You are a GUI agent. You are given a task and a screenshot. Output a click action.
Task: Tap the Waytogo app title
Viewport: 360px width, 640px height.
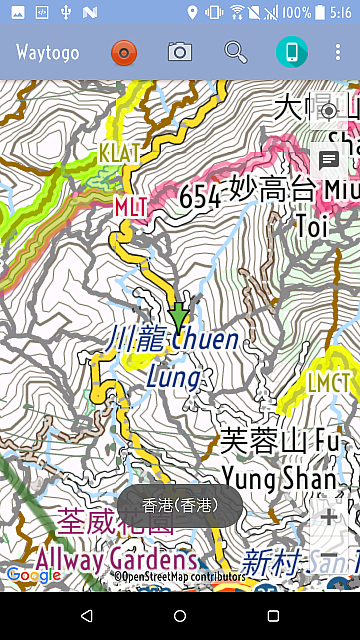point(49,52)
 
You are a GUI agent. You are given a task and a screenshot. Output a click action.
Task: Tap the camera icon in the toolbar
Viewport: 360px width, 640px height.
point(180,52)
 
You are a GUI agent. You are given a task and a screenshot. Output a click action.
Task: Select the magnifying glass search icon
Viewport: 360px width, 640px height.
point(236,52)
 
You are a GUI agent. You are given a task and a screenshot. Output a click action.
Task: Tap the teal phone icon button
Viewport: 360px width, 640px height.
point(292,52)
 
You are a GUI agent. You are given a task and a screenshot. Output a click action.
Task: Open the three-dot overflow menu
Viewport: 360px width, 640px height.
point(338,52)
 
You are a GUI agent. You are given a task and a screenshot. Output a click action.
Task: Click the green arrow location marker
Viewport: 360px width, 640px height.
point(179,318)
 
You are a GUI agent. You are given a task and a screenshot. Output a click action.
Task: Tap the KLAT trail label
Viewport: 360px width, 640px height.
point(119,153)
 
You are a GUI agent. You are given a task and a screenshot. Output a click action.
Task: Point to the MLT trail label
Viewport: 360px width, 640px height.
point(130,206)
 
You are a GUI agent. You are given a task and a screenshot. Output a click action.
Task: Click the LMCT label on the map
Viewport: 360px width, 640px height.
point(329,382)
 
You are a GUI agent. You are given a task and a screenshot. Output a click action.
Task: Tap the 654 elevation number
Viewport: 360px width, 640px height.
point(200,197)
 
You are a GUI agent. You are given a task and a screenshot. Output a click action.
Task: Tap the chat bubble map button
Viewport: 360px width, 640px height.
point(328,160)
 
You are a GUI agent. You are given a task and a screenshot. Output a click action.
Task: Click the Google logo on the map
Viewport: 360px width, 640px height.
point(33,575)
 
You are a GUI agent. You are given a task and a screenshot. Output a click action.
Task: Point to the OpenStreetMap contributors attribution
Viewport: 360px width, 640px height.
point(179,577)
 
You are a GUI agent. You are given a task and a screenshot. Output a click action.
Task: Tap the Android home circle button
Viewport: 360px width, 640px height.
point(180,615)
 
